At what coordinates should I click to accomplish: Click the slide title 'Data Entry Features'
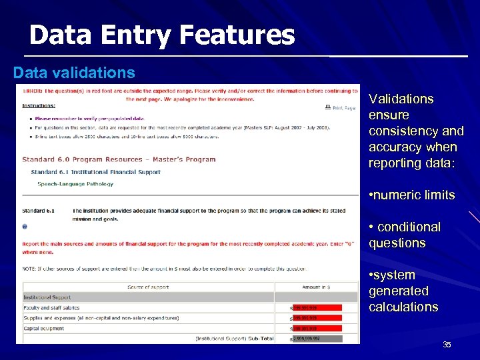[x=161, y=35]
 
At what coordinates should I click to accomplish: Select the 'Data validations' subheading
[x=74, y=72]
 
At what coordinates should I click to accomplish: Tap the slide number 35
[x=447, y=345]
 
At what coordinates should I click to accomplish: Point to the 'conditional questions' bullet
[x=405, y=235]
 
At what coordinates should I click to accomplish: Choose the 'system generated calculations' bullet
[x=403, y=291]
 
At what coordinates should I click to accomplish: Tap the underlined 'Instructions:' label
[x=39, y=105]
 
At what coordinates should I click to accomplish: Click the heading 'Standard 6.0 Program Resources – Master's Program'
[x=119, y=159]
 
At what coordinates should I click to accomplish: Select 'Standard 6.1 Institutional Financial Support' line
[x=95, y=172]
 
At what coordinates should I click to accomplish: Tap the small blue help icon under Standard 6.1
[x=25, y=226]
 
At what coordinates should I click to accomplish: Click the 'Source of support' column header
[x=149, y=287]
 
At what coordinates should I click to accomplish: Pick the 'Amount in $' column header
[x=316, y=287]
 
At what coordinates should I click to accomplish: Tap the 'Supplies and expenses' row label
[x=101, y=318]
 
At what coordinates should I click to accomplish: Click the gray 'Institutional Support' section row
[x=149, y=297]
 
